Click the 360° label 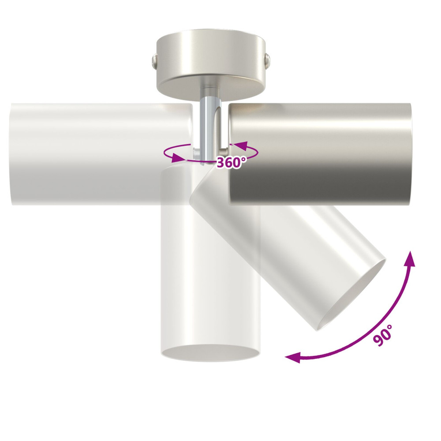pyautogui.click(x=232, y=163)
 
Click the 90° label pyautogui.click(x=383, y=335)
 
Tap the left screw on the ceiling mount pyautogui.click(x=154, y=61)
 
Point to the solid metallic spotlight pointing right pyautogui.click(x=320, y=154)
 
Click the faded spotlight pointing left pyautogui.click(x=101, y=154)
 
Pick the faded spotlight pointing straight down pyautogui.click(x=211, y=262)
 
